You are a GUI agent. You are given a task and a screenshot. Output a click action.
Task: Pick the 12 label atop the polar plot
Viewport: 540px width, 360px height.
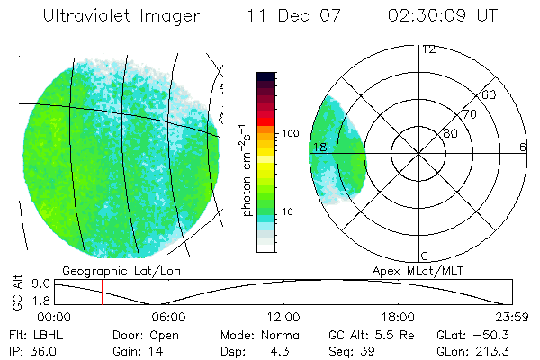tap(428, 49)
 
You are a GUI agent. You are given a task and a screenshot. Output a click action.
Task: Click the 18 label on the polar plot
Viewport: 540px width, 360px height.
tap(319, 147)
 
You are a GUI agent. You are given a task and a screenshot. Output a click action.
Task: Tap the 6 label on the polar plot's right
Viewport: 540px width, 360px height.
tap(523, 147)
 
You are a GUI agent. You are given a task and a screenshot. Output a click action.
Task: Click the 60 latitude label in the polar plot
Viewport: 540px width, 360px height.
tap(490, 94)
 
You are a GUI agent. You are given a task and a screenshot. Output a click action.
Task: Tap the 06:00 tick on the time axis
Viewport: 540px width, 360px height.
tap(168, 317)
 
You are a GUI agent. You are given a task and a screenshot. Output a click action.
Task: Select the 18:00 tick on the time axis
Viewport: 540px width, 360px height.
tap(398, 317)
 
